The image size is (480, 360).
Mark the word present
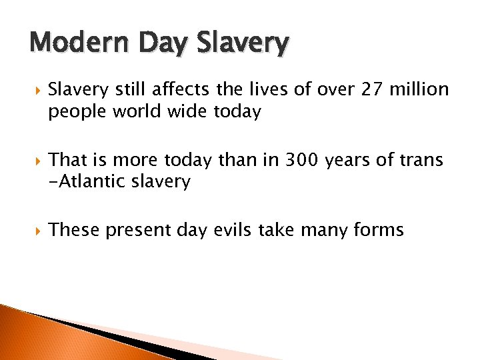pyautogui.click(x=136, y=231)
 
